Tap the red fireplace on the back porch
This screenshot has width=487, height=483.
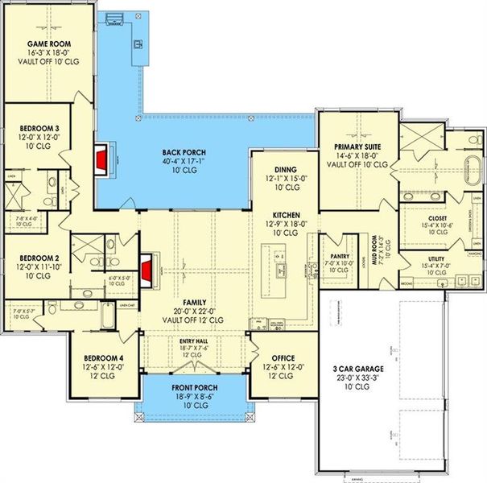coord(101,159)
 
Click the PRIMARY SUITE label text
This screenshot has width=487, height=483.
coord(357,147)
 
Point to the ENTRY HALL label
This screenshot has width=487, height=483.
coord(193,341)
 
